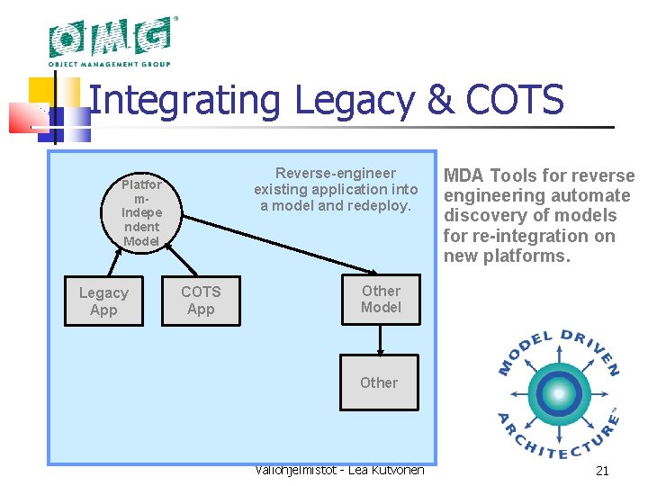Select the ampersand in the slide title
tap(441, 101)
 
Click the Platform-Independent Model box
tap(141, 212)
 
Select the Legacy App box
tap(103, 301)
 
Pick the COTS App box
tap(201, 301)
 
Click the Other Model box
tap(381, 299)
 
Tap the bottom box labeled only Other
tap(379, 382)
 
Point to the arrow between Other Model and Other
tap(381, 339)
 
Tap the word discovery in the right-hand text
tap(483, 216)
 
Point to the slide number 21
tap(602, 471)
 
